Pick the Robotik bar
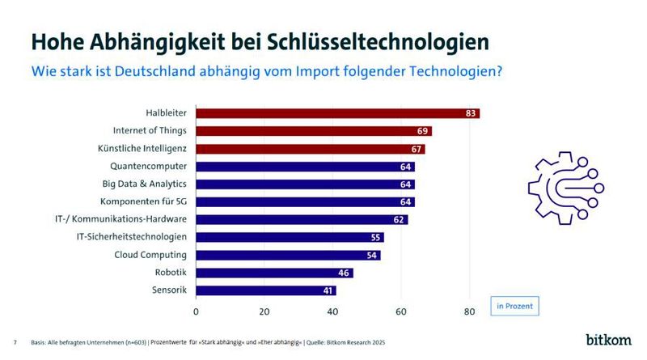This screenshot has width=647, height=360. click(274, 273)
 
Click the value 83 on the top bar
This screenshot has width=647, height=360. click(471, 113)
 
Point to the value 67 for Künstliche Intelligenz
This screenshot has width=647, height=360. click(417, 149)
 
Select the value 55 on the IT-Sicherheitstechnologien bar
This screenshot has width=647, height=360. click(375, 237)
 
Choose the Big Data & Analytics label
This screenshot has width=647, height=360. click(143, 184)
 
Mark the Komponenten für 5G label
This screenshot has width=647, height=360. click(143, 201)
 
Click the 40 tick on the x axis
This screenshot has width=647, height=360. click(332, 311)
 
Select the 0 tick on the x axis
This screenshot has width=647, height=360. click(196, 311)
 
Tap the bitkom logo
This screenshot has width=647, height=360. click(608, 340)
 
